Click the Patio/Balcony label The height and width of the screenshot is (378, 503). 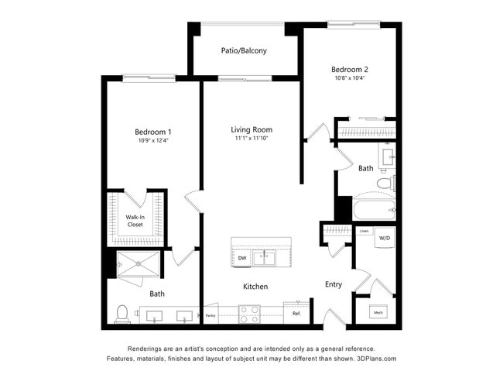(244, 51)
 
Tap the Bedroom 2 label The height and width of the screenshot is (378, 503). (349, 68)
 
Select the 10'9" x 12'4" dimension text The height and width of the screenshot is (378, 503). (152, 140)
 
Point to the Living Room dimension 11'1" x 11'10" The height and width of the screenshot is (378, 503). (251, 139)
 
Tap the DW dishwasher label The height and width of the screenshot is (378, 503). (241, 258)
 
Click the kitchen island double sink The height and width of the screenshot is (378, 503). (268, 258)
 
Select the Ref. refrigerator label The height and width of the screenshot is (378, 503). (296, 314)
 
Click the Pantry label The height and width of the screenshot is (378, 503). (210, 315)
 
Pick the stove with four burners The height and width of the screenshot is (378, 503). (248, 314)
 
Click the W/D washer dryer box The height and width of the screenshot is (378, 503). (385, 238)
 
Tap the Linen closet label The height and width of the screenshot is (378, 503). (364, 231)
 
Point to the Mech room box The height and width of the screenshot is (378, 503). (378, 313)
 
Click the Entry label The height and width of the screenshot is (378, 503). (334, 284)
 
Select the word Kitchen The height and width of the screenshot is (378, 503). (255, 287)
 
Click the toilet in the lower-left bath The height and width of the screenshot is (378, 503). (122, 314)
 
